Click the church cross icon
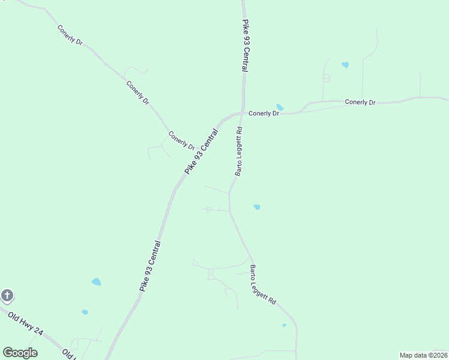click(7, 295)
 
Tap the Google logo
click(20, 352)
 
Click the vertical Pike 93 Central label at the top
click(246, 46)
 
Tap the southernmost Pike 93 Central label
click(150, 266)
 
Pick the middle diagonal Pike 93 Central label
click(201, 151)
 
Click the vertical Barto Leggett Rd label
click(238, 151)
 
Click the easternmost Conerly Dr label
click(360, 103)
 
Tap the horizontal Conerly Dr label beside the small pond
click(264, 113)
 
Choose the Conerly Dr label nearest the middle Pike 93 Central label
click(181, 141)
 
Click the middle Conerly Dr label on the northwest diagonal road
click(138, 92)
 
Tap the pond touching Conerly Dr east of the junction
click(280, 107)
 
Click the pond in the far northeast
click(345, 65)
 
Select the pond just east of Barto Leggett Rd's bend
click(257, 207)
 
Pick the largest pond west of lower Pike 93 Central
click(96, 281)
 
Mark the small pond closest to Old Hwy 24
click(85, 312)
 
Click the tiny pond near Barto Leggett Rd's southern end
click(284, 325)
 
